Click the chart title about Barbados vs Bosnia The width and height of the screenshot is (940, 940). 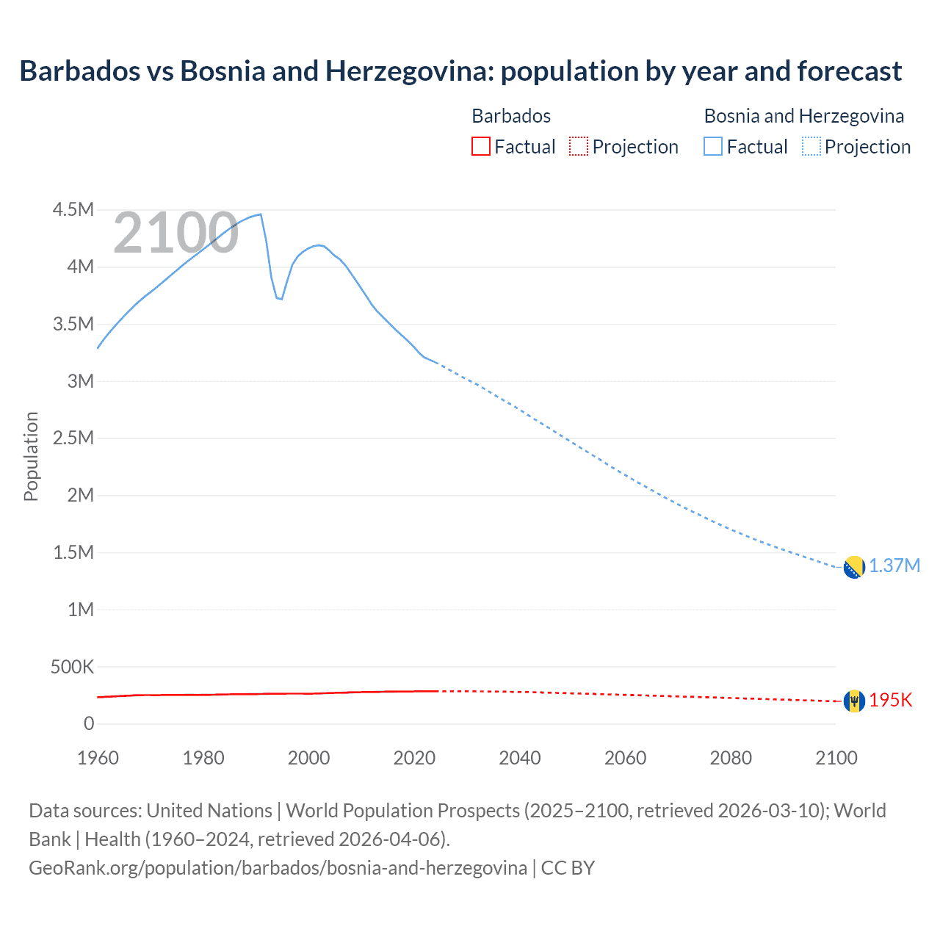click(460, 71)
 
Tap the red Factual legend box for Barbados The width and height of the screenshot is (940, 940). click(480, 146)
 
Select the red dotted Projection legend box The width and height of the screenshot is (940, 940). click(578, 146)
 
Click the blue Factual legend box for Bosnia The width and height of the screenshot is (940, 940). click(712, 146)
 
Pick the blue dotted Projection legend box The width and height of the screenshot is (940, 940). click(811, 146)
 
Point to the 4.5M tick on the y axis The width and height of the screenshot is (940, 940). click(73, 210)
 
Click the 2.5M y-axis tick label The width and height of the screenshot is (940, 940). click(73, 438)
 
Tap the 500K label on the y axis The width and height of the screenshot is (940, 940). click(72, 667)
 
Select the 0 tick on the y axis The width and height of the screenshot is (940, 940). click(89, 724)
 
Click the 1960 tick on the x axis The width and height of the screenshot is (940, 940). click(98, 758)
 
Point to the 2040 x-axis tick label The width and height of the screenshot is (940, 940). click(520, 758)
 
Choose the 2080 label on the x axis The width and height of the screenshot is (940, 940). click(731, 758)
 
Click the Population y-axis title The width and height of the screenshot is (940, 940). click(31, 456)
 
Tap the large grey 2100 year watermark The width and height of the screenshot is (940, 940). click(176, 233)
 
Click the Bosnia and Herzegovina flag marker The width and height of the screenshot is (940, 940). click(853, 568)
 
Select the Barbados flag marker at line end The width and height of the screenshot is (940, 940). click(853, 701)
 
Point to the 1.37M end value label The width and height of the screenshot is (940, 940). click(894, 566)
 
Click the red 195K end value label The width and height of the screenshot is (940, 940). click(891, 701)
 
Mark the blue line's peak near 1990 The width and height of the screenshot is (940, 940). click(261, 214)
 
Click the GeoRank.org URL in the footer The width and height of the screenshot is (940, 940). click(278, 868)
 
